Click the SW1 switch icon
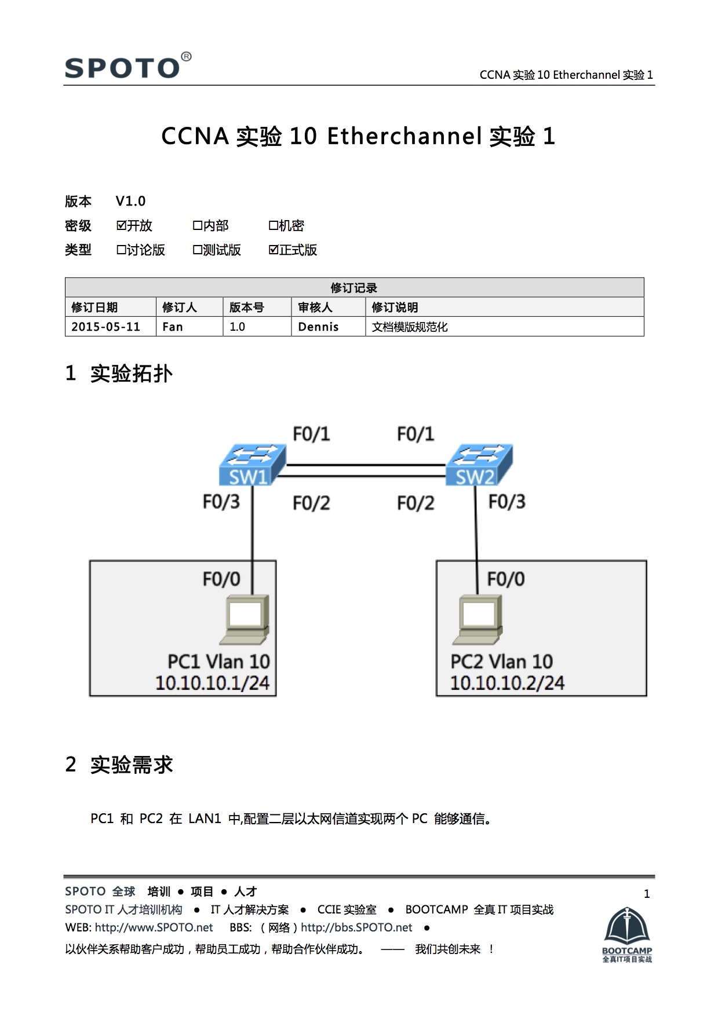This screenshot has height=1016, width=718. click(x=252, y=465)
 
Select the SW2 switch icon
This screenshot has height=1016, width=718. click(x=479, y=465)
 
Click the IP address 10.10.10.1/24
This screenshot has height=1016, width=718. click(x=212, y=683)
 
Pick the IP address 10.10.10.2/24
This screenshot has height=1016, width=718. click(x=507, y=683)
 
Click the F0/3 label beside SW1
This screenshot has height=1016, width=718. click(x=221, y=502)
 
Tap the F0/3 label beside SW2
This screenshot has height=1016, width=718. click(x=506, y=502)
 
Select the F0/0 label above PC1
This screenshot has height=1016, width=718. click(x=221, y=579)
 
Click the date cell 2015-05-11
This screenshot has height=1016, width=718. click(x=106, y=327)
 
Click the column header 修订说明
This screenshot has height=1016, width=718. click(x=395, y=307)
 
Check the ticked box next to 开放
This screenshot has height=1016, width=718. click(x=122, y=225)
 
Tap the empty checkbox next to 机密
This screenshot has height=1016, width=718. click(x=273, y=225)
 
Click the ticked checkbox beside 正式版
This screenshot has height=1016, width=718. click(x=274, y=250)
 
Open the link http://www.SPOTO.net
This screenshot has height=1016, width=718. click(x=154, y=927)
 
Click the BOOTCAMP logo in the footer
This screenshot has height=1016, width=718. click(x=627, y=934)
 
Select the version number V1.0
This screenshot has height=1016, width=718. click(x=130, y=201)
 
